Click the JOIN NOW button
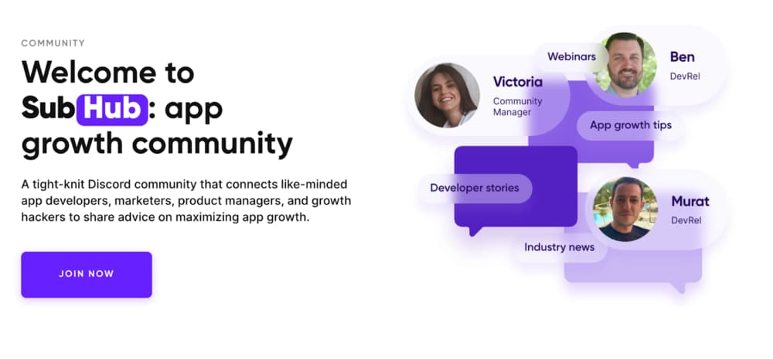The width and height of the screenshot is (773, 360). click(x=86, y=274)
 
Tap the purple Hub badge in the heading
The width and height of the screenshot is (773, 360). click(x=112, y=109)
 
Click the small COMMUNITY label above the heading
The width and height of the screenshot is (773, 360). click(x=53, y=43)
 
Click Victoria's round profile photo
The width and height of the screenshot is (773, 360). click(x=446, y=95)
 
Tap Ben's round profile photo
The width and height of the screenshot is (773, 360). click(x=625, y=64)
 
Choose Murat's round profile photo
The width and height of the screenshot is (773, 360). click(x=625, y=209)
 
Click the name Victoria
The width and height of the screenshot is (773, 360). click(x=518, y=82)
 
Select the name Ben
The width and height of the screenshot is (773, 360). click(x=682, y=56)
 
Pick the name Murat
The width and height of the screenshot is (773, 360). click(x=690, y=202)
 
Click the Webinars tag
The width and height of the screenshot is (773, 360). click(x=571, y=56)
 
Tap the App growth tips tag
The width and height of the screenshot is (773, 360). click(x=631, y=125)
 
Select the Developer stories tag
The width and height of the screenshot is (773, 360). click(x=475, y=188)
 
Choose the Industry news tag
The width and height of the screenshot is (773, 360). click(x=560, y=247)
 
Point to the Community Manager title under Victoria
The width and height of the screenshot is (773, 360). click(x=517, y=107)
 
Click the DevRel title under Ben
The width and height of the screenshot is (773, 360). click(x=685, y=76)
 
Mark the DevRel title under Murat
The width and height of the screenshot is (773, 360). click(x=685, y=220)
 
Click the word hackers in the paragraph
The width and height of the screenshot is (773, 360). click(x=44, y=217)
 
